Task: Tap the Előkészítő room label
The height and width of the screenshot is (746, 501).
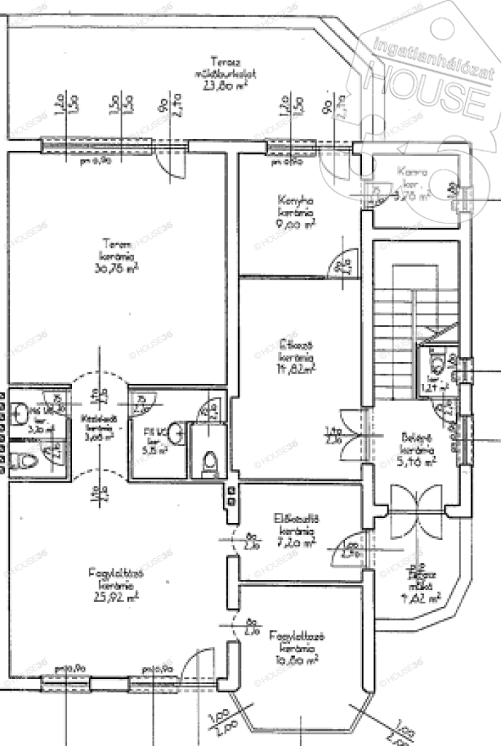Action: pyautogui.click(x=294, y=518)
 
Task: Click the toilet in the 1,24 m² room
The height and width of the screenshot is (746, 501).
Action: pyautogui.click(x=436, y=362)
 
